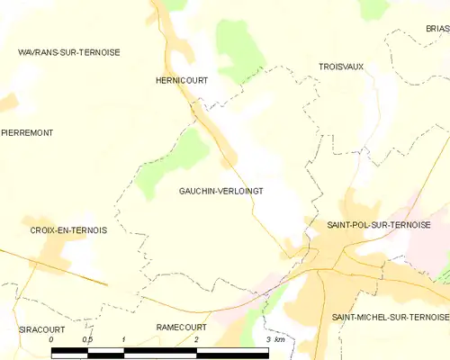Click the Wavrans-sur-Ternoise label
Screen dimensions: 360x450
68,52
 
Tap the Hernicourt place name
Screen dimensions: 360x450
182,80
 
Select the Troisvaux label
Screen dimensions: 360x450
341,67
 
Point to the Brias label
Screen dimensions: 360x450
437,29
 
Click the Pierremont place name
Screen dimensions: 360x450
27,132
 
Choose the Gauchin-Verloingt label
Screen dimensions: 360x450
220,191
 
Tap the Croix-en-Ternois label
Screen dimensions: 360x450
68,230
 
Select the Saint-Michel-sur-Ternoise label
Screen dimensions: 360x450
390,318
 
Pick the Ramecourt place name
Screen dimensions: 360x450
181,327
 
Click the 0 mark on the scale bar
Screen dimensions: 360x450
51,339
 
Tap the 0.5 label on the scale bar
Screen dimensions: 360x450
87,339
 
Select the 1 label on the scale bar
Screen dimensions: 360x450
123,339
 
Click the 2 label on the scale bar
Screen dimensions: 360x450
195,339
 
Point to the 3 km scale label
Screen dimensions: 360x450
274,339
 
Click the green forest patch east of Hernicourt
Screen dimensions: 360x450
236,49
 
